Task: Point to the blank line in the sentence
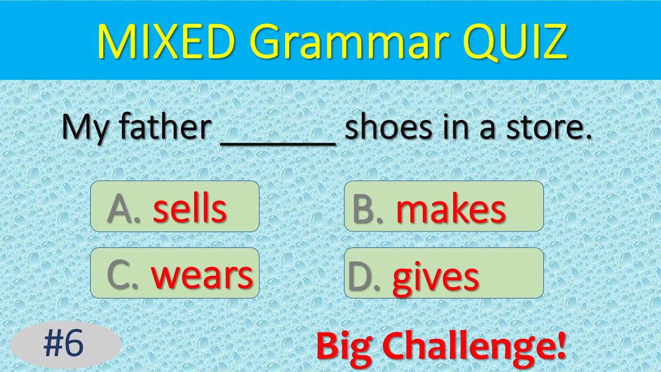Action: pyautogui.click(x=278, y=142)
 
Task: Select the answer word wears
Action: pyautogui.click(x=202, y=275)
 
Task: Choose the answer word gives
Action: pyautogui.click(x=435, y=277)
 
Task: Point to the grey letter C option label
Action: pyautogui.click(x=120, y=275)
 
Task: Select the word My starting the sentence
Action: pyautogui.click(x=84, y=128)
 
